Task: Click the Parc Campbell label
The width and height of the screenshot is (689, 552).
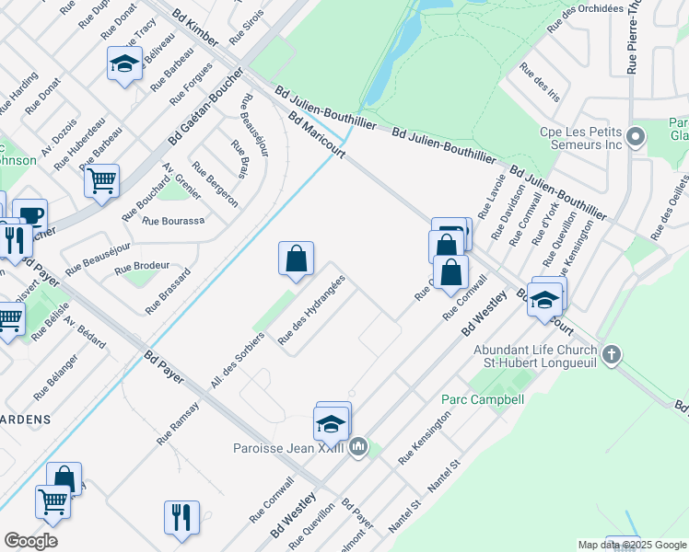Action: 482,399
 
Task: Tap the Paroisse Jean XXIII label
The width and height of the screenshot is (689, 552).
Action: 287,448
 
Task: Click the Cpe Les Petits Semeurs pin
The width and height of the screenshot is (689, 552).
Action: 635,138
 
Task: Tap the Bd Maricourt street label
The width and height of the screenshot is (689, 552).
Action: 316,135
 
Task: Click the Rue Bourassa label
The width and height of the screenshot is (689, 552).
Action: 173,221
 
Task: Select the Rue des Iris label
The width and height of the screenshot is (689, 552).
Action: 540,81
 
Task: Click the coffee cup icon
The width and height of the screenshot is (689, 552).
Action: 29,215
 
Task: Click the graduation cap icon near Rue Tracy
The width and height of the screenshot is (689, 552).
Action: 124,63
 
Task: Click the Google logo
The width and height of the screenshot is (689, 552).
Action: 30,541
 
